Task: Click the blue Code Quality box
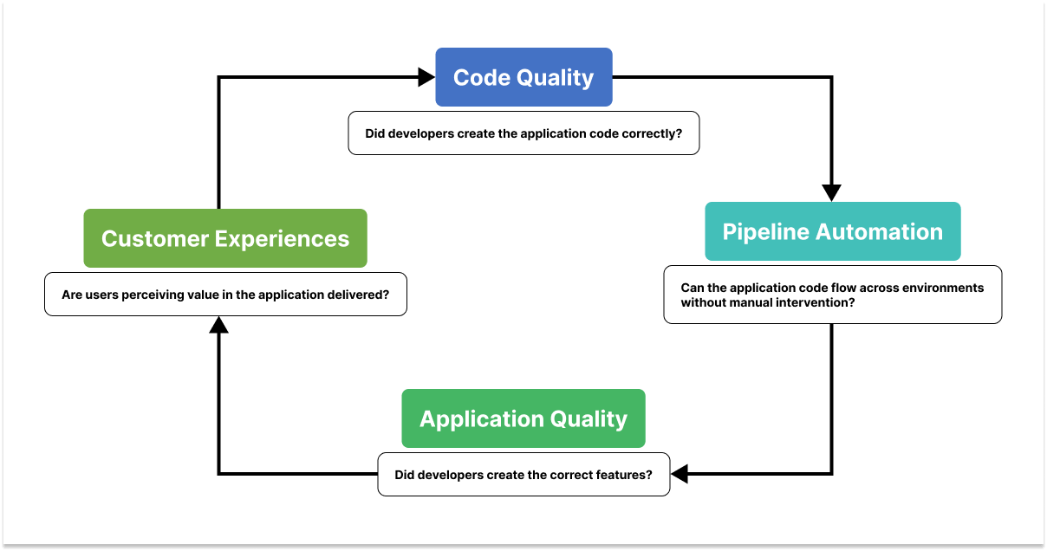523,77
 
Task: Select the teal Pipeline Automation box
832,231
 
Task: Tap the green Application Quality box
523,418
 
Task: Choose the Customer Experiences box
225,238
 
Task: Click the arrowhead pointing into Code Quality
426,77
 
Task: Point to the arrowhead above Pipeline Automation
832,191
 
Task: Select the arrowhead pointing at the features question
680,474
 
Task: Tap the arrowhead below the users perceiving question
219,326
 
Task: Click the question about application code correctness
523,134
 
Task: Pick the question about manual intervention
832,295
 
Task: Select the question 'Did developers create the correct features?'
523,475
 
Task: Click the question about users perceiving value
225,295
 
